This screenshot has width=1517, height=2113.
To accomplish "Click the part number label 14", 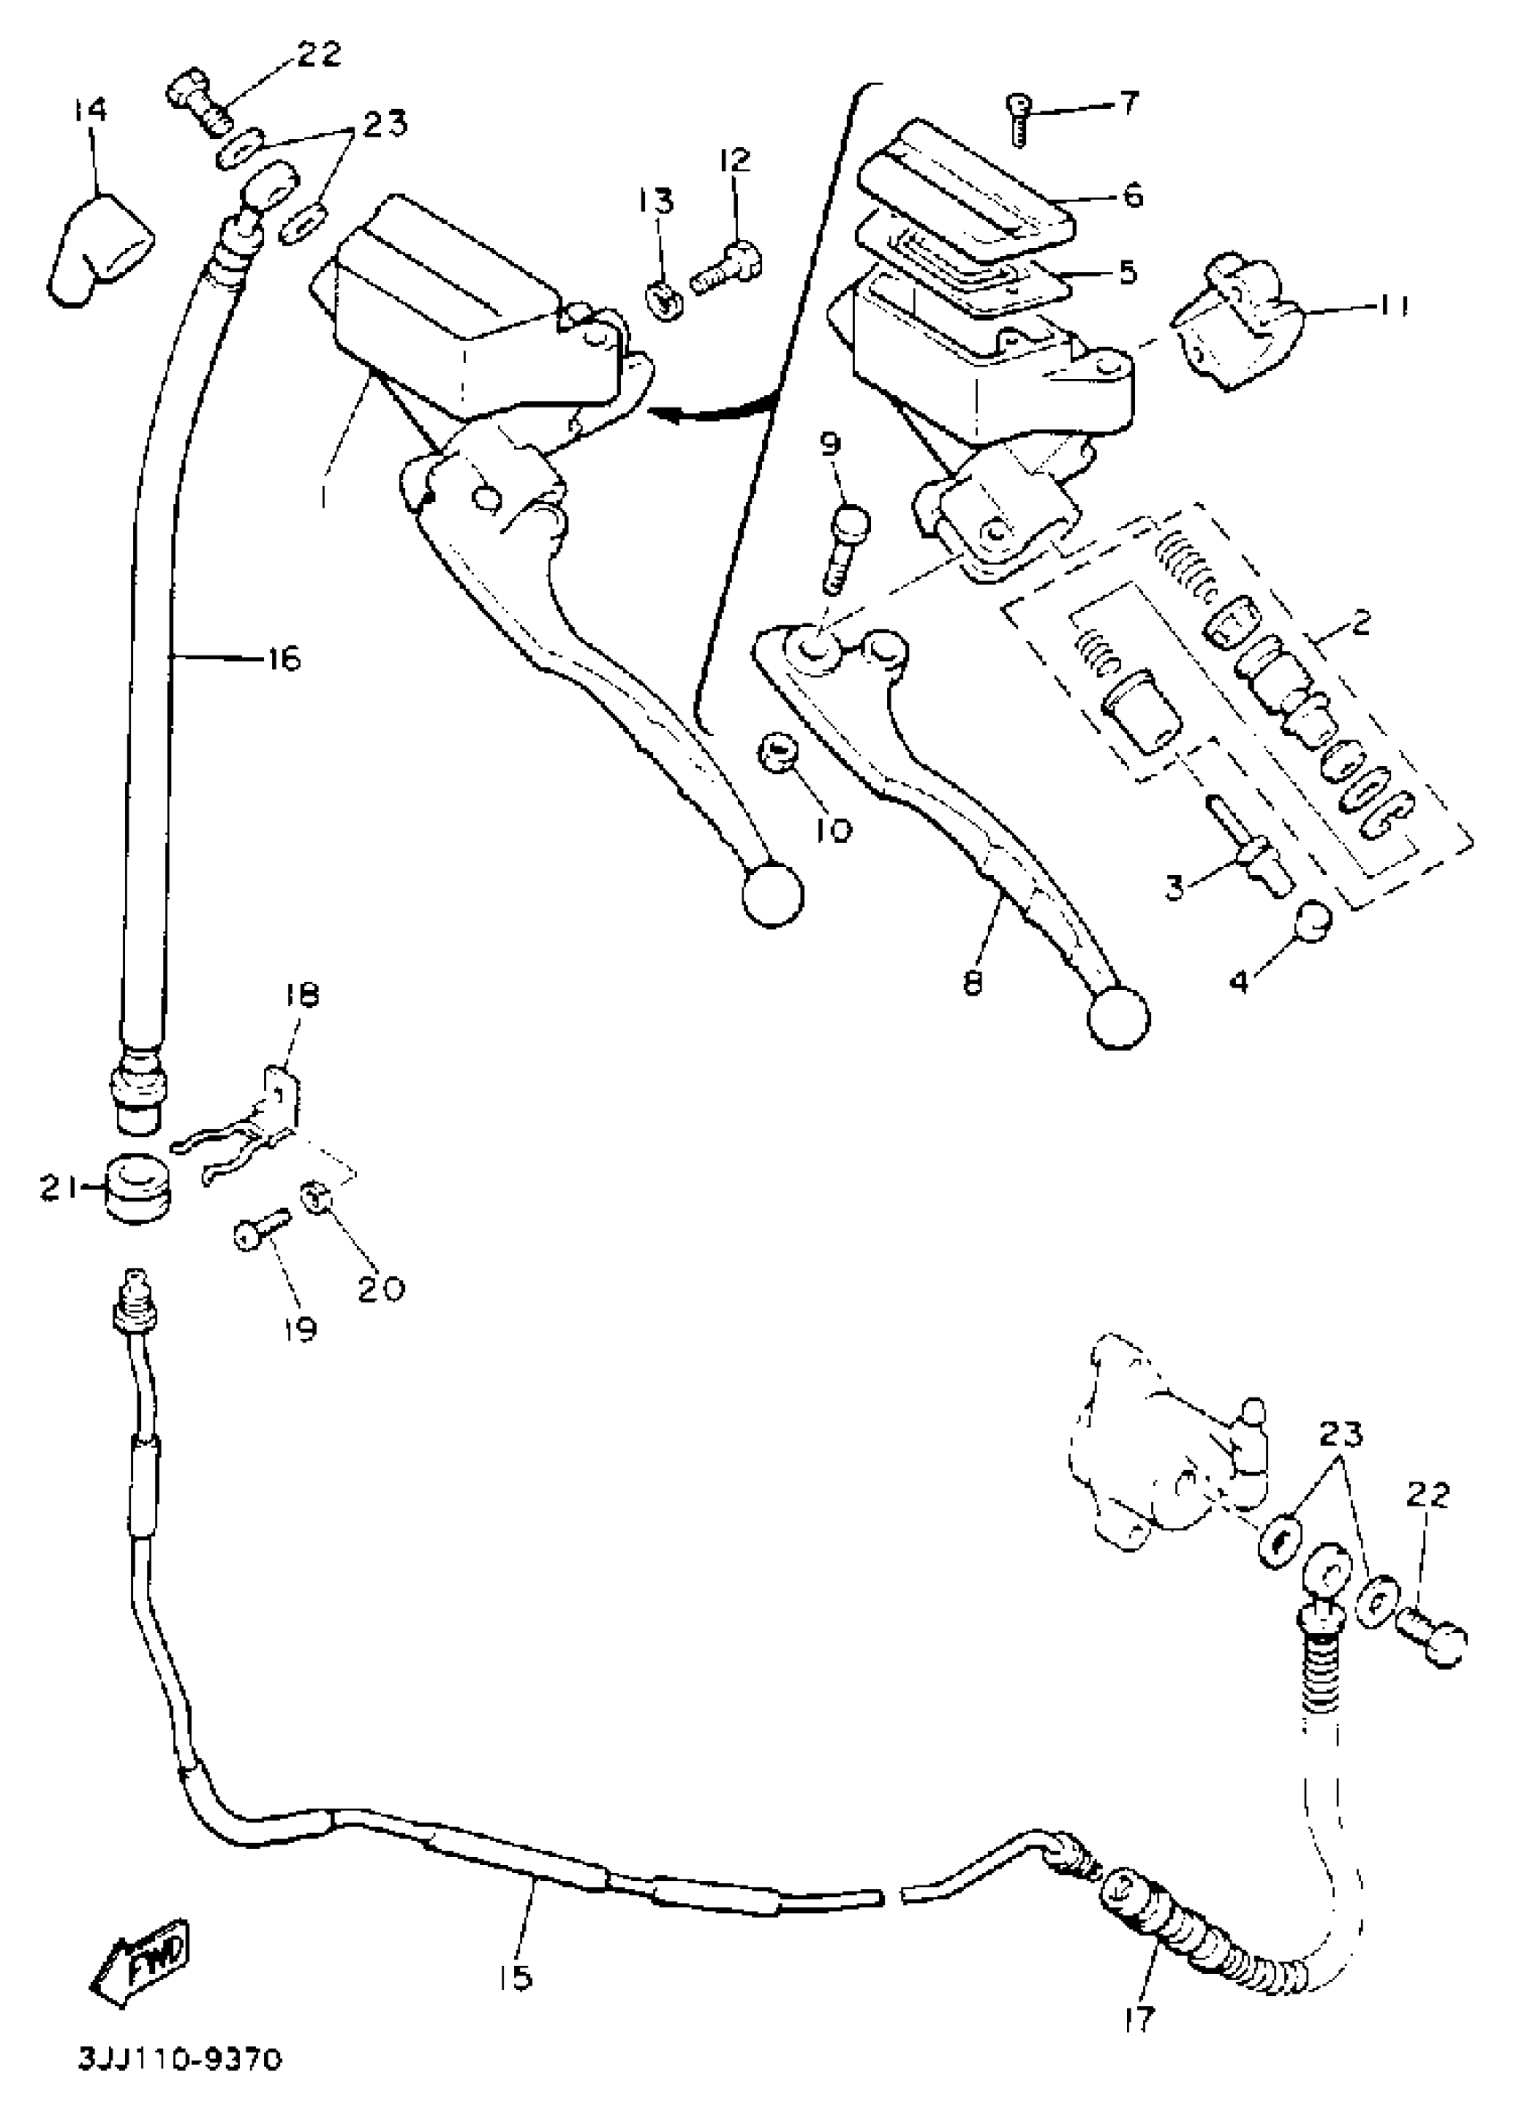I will pyautogui.click(x=91, y=111).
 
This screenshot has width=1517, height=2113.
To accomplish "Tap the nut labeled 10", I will pyautogui.click(x=775, y=752).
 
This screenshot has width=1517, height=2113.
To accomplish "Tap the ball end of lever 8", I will pyautogui.click(x=1118, y=1018).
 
